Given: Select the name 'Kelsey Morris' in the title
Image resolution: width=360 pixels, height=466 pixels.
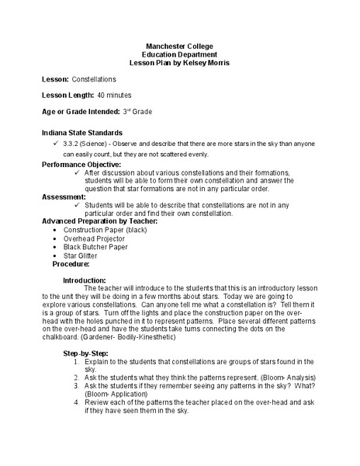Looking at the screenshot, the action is pos(207,62).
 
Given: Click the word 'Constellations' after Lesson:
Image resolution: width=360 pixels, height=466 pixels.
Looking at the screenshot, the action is pos(94,79).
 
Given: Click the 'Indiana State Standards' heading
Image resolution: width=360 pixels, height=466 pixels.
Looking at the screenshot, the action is pos(81,133).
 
